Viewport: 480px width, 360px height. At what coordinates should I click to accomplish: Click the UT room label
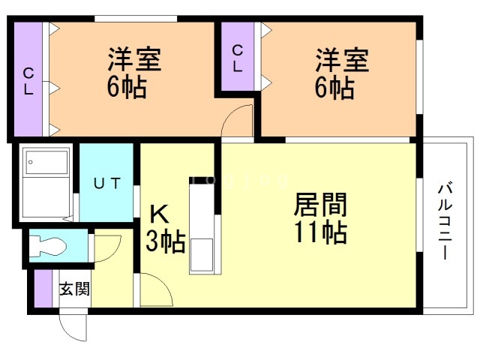[x=106, y=183]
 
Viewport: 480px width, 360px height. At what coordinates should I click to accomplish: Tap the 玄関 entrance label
[x=75, y=289]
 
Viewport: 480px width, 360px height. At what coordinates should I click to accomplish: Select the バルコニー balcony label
[x=445, y=220]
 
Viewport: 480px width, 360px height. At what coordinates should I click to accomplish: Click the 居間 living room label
[x=320, y=205]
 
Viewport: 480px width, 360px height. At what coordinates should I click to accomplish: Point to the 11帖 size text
[x=320, y=232]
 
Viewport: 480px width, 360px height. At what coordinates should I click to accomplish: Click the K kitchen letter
[x=159, y=214]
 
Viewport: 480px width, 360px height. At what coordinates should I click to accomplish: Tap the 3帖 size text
[x=165, y=241]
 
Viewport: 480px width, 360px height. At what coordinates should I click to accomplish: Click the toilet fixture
[x=48, y=246]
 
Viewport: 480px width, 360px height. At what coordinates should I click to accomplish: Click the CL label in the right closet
[x=238, y=58]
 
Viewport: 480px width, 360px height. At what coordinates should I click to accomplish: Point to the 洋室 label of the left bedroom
[x=134, y=59]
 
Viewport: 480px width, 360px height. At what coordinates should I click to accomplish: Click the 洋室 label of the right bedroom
[x=342, y=59]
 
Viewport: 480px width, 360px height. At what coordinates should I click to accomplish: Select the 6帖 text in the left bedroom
[x=127, y=86]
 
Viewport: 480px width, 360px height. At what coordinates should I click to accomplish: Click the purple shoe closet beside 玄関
[x=43, y=288]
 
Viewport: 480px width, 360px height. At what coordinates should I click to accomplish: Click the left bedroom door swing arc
[x=229, y=115]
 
